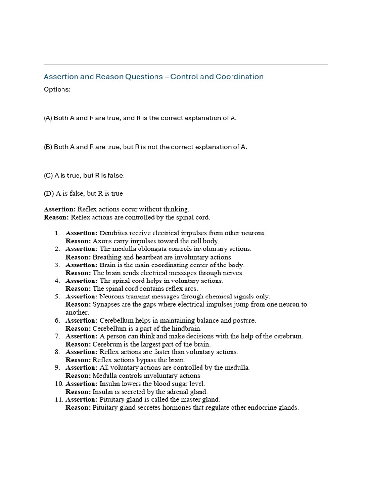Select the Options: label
pos(57,90)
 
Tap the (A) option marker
pos(48,118)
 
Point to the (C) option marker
pos(48,175)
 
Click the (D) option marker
pos(49,194)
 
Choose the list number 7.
pos(57,336)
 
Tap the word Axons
pos(102,241)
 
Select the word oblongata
pos(148,249)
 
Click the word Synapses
pos(108,305)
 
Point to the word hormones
pos(172,408)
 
